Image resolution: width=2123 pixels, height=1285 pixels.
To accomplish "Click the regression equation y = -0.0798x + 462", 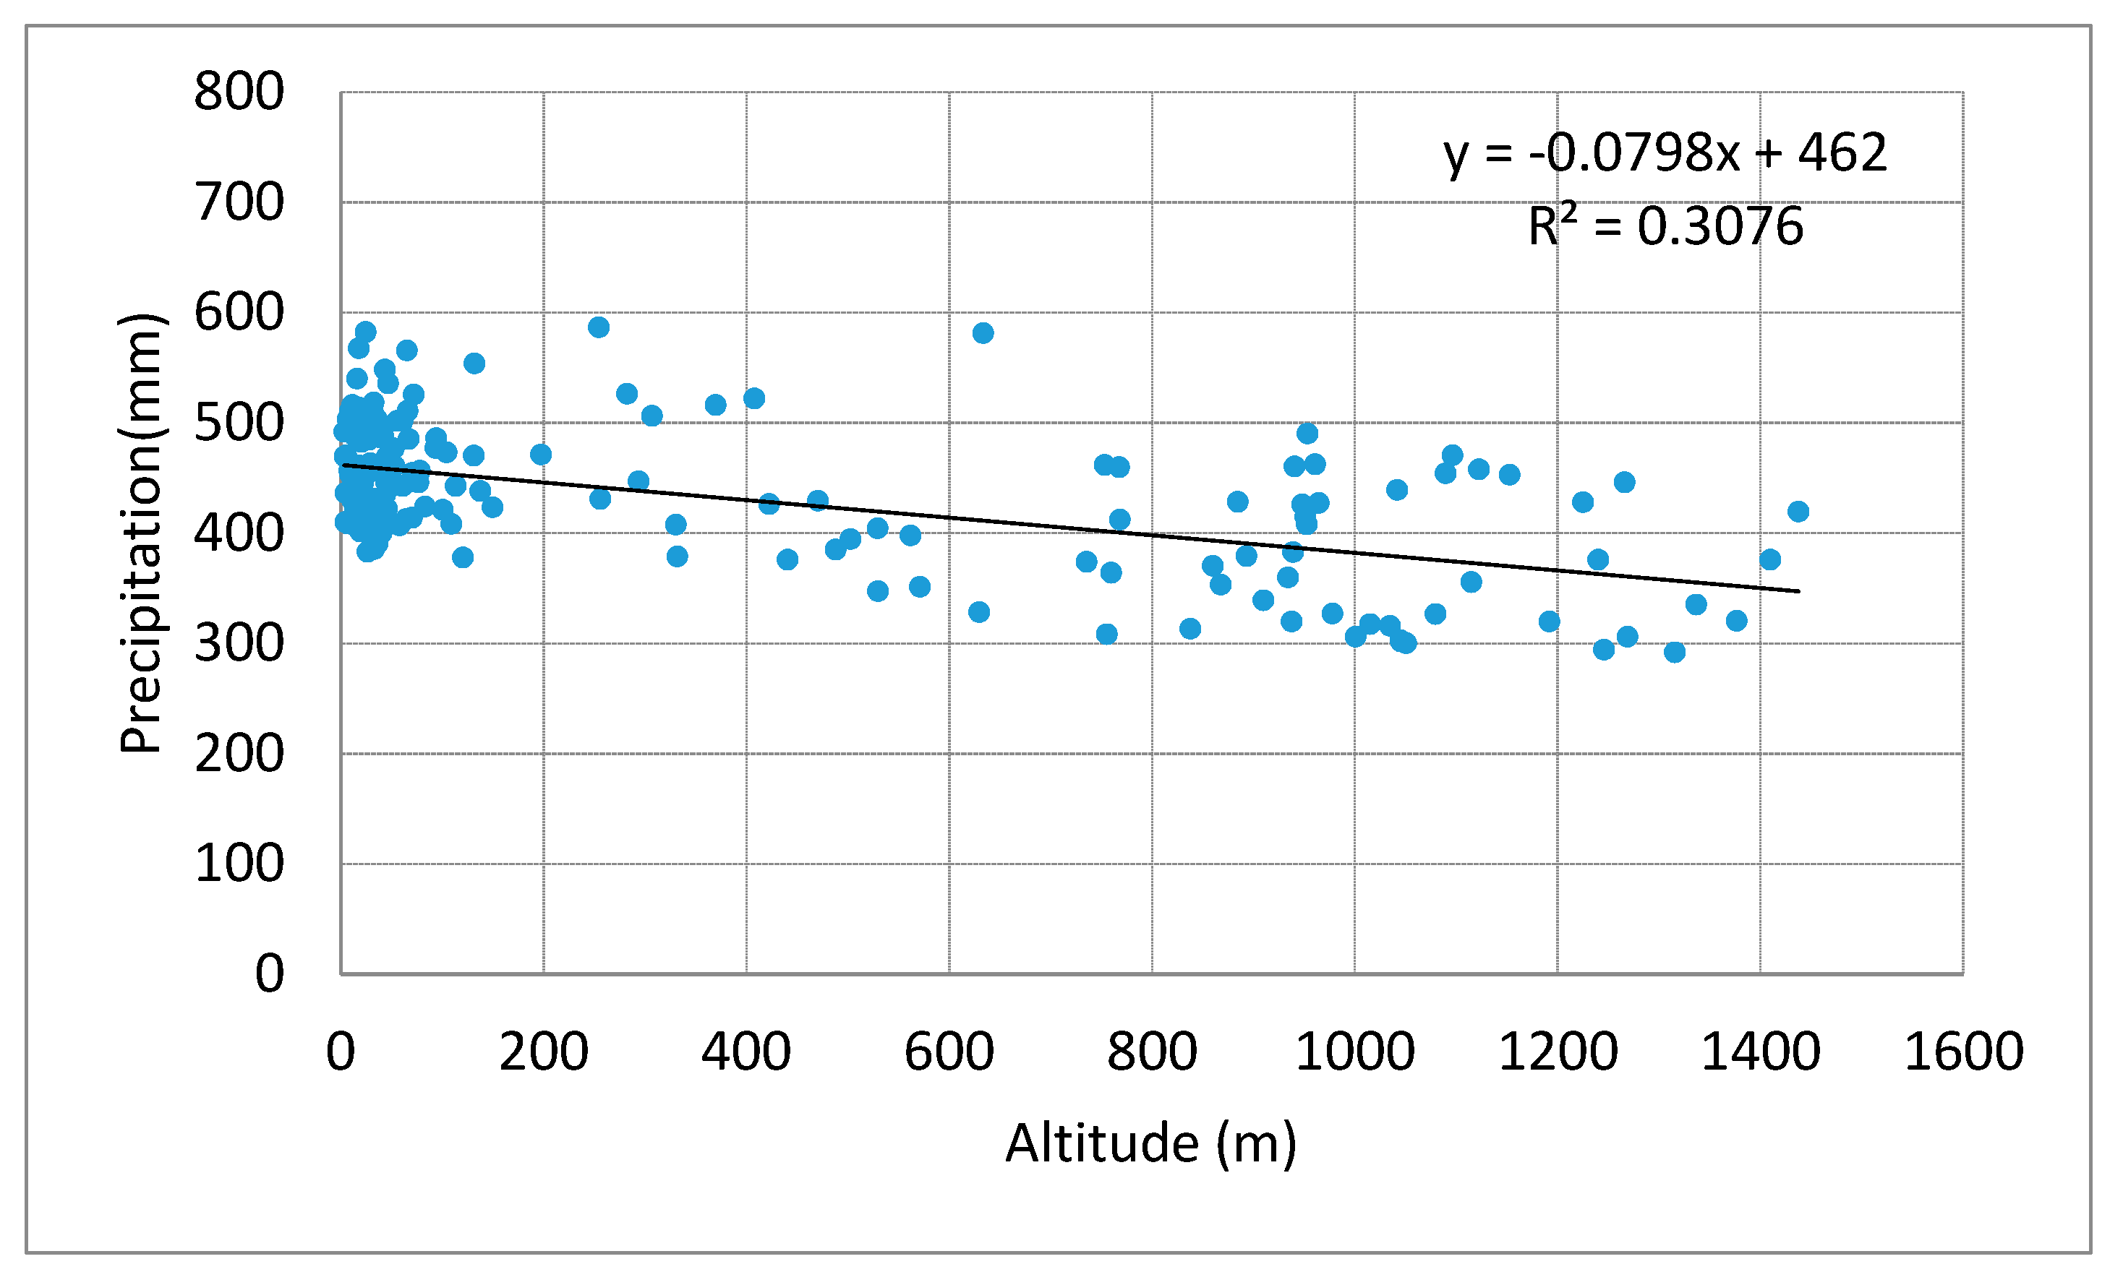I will pyautogui.click(x=1665, y=152).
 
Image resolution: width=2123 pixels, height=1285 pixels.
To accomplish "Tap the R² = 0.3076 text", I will pyautogui.click(x=1665, y=226).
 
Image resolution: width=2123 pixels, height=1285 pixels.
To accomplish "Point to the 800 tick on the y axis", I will pyautogui.click(x=239, y=91).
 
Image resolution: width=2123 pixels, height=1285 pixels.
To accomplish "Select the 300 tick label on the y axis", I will pyautogui.click(x=239, y=643).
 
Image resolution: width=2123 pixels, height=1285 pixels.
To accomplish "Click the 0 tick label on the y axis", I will pyautogui.click(x=269, y=974).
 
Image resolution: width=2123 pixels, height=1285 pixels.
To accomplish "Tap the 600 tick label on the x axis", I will pyautogui.click(x=949, y=1052).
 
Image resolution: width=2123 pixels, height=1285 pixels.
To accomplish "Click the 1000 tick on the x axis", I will pyautogui.click(x=1354, y=1052).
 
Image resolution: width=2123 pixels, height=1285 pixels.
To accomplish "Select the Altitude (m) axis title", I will pyautogui.click(x=1151, y=1143).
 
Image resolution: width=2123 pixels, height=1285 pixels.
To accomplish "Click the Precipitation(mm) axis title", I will pyautogui.click(x=140, y=533).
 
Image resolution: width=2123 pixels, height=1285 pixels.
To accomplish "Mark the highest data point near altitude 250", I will pyautogui.click(x=599, y=327).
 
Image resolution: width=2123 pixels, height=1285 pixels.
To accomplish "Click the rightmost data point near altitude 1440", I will pyautogui.click(x=1798, y=512).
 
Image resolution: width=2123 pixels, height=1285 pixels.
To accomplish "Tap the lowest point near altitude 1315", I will pyautogui.click(x=1675, y=652).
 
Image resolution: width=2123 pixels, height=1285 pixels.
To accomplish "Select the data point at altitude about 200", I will pyautogui.click(x=541, y=455).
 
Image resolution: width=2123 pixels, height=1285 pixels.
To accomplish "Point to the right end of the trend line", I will pyautogui.click(x=1798, y=590).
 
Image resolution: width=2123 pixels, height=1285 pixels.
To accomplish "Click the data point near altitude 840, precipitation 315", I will pyautogui.click(x=1191, y=629).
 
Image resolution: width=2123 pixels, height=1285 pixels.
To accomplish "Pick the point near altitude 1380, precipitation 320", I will pyautogui.click(x=1737, y=620).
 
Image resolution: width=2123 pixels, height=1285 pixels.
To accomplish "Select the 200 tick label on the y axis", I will pyautogui.click(x=239, y=754).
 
